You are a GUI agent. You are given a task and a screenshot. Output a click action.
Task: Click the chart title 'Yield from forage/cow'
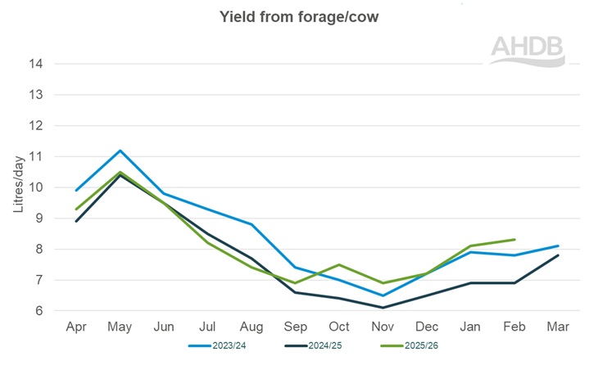click(298, 16)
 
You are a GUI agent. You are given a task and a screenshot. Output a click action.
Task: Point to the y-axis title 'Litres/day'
click(17, 187)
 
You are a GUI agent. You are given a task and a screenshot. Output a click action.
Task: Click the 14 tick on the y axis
click(37, 64)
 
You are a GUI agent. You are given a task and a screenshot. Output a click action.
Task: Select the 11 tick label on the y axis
click(37, 156)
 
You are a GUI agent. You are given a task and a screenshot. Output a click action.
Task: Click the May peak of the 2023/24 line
click(120, 151)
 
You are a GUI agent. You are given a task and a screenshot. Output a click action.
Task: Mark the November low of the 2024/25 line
click(383, 308)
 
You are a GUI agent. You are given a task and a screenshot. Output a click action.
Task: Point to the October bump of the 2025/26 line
click(339, 264)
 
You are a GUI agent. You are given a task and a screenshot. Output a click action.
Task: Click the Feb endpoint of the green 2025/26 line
click(514, 240)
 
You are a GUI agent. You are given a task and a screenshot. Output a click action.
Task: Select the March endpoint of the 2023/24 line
click(559, 246)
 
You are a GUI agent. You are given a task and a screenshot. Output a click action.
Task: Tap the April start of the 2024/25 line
click(75, 221)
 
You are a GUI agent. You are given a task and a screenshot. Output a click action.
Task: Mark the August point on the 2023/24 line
click(251, 224)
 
